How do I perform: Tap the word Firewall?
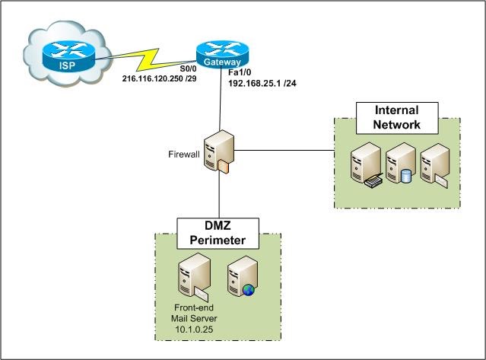pos(183,155)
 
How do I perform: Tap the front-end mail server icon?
pos(189,279)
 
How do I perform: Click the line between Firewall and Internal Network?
pos(285,150)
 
